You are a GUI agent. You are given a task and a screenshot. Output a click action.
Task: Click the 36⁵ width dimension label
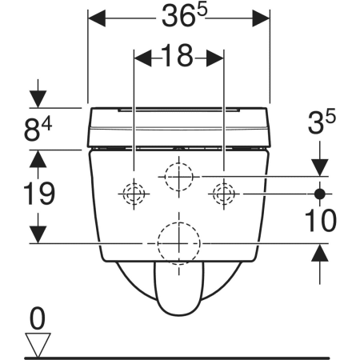pyautogui.click(x=184, y=16)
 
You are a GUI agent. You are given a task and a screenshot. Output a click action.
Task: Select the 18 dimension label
pyautogui.click(x=177, y=56)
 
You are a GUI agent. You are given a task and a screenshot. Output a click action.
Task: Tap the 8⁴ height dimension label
pyautogui.click(x=38, y=129)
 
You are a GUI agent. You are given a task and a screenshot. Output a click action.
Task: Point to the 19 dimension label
pyautogui.click(x=39, y=194)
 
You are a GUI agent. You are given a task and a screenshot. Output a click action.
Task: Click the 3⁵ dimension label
pyautogui.click(x=322, y=122)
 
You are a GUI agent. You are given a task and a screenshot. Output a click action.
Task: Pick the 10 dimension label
pyautogui.click(x=321, y=220)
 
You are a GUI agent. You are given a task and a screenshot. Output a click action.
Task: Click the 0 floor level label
pyautogui.click(x=38, y=318)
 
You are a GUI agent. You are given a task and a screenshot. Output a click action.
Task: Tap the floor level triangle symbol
pyautogui.click(x=38, y=345)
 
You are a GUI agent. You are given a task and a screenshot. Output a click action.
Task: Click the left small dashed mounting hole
pyautogui.click(x=134, y=194)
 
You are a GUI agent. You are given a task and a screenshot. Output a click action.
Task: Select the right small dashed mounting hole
pyautogui.click(x=224, y=194)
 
